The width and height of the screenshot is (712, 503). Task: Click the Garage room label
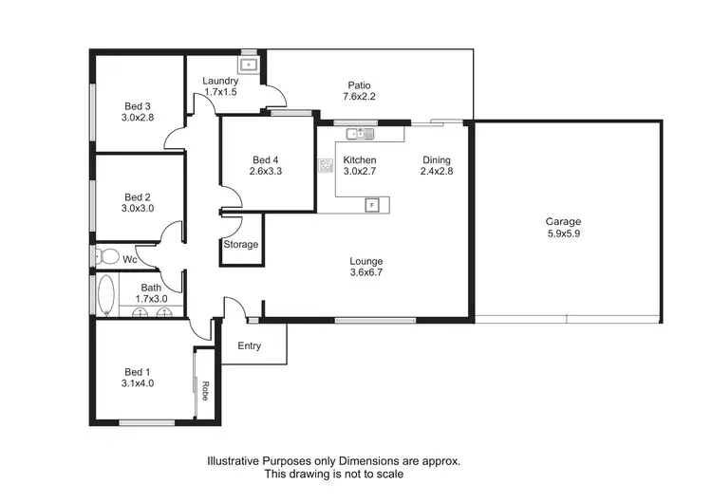[x=563, y=221]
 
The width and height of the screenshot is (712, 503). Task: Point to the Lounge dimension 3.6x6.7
[x=365, y=272]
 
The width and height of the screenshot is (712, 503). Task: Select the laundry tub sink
[x=250, y=65]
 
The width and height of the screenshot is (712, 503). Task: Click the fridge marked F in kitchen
[x=372, y=204]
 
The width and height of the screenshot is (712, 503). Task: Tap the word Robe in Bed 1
[x=204, y=391]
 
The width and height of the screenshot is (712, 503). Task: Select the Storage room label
[x=240, y=245]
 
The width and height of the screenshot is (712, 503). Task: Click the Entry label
[x=250, y=346]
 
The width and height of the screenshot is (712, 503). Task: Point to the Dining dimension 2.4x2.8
[x=437, y=173]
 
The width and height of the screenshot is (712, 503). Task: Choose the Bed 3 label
[x=138, y=105]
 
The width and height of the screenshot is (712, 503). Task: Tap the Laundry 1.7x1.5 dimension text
[x=220, y=93]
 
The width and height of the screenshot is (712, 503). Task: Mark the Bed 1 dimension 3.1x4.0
[x=138, y=384]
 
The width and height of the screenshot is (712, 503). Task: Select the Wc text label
[x=130, y=258]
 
